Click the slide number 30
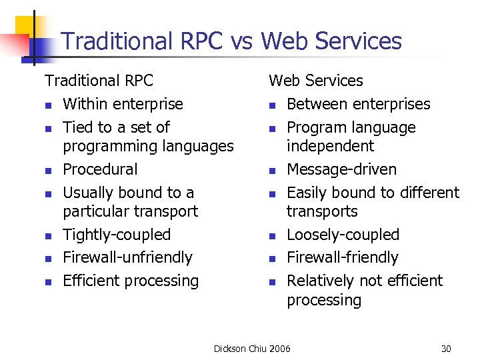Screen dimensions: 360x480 [446, 349]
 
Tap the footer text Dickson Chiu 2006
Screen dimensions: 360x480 [252, 349]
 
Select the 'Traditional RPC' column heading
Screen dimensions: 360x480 [99, 81]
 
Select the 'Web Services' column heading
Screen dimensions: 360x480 [316, 81]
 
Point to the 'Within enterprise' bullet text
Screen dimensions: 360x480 [123, 104]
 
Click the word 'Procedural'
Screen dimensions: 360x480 [100, 169]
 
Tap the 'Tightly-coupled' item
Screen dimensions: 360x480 [117, 235]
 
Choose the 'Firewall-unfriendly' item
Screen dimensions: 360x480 [127, 257]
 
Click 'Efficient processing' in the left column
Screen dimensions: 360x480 [131, 281]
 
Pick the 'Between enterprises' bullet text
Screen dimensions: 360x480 [359, 104]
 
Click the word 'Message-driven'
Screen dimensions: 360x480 [341, 169]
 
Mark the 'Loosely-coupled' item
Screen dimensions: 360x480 [343, 235]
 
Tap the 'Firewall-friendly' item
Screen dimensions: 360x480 [343, 257]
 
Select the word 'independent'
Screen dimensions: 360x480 [331, 146]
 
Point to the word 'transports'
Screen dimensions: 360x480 [322, 211]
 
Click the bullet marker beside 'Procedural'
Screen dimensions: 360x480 [49, 171]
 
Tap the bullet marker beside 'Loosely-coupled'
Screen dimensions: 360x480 [273, 236]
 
